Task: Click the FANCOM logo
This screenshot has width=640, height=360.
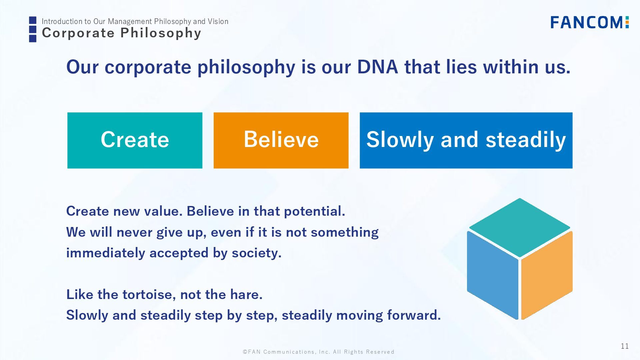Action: pos(589,22)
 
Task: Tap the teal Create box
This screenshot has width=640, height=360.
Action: pos(135,140)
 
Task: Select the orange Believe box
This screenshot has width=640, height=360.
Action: pos(281,140)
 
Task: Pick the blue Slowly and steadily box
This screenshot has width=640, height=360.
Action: pos(466,140)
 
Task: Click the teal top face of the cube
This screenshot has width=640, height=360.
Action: pos(519,227)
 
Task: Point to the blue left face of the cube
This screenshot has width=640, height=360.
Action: pos(493,275)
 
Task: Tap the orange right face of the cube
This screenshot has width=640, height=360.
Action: pos(547,275)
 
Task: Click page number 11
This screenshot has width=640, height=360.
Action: pos(625,346)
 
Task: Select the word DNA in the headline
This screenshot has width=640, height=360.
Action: pos(377,67)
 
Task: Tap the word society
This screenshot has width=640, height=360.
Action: pos(257,253)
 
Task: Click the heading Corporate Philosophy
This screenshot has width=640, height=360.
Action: pos(121,33)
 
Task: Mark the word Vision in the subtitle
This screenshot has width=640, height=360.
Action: pos(218,21)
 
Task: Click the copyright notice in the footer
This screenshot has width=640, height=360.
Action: pos(318,352)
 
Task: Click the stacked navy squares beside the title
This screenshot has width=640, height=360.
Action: pos(33,29)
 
